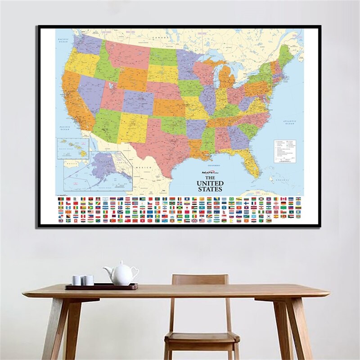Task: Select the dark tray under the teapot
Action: pos(101,286)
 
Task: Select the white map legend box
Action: pos(285,150)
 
